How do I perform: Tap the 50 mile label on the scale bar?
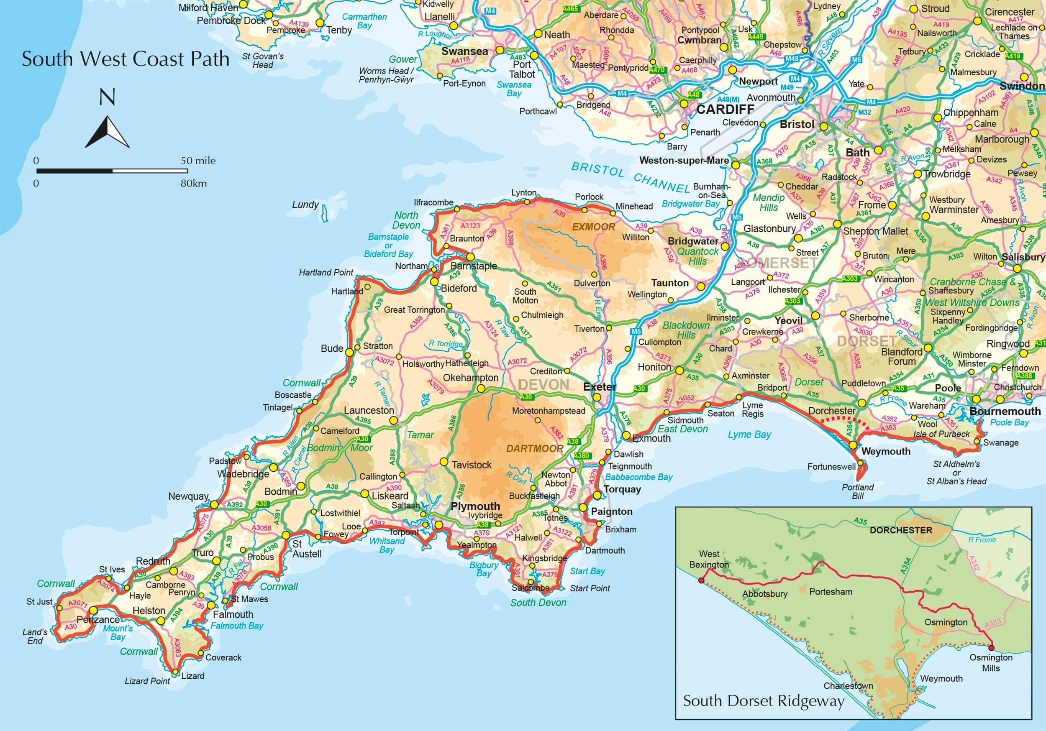tap(198, 161)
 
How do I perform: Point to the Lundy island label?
tap(305, 205)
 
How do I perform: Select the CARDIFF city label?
tap(725, 109)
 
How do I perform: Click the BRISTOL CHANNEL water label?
tap(631, 177)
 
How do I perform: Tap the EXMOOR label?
tap(594, 227)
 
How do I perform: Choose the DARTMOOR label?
tap(535, 449)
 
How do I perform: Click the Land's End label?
tap(35, 636)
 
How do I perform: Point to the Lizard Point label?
tap(147, 681)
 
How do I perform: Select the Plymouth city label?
tap(475, 506)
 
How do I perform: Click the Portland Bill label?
tap(858, 491)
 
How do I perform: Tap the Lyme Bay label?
tap(749, 435)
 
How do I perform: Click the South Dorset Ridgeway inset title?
tap(764, 701)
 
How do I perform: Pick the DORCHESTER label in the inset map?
tap(901, 530)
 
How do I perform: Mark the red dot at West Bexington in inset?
tap(701, 580)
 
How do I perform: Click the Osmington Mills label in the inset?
tap(991, 663)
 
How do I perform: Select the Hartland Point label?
tap(326, 272)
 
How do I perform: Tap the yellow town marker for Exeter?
tap(596, 397)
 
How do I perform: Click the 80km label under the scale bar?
tap(194, 184)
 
